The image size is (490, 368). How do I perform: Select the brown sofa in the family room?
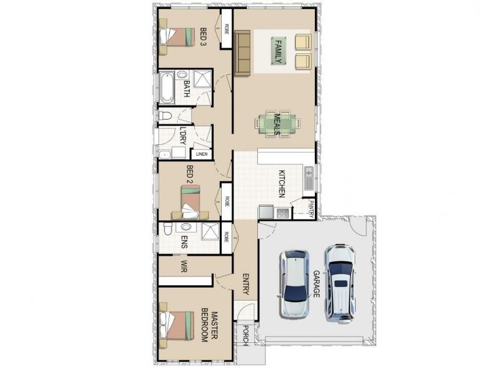[242, 54]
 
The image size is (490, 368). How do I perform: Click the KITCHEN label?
[282, 183]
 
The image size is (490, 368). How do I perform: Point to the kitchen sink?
[308, 178]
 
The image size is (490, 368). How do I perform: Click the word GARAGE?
[317, 284]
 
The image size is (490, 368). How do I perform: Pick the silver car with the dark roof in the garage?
[294, 284]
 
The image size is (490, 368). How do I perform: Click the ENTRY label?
[246, 285]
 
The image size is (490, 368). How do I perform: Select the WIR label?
[183, 266]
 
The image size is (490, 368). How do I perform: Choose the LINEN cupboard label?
[202, 154]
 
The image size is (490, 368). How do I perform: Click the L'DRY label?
[183, 136]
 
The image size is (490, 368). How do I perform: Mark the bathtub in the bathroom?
[167, 88]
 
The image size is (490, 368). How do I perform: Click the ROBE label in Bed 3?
[226, 28]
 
